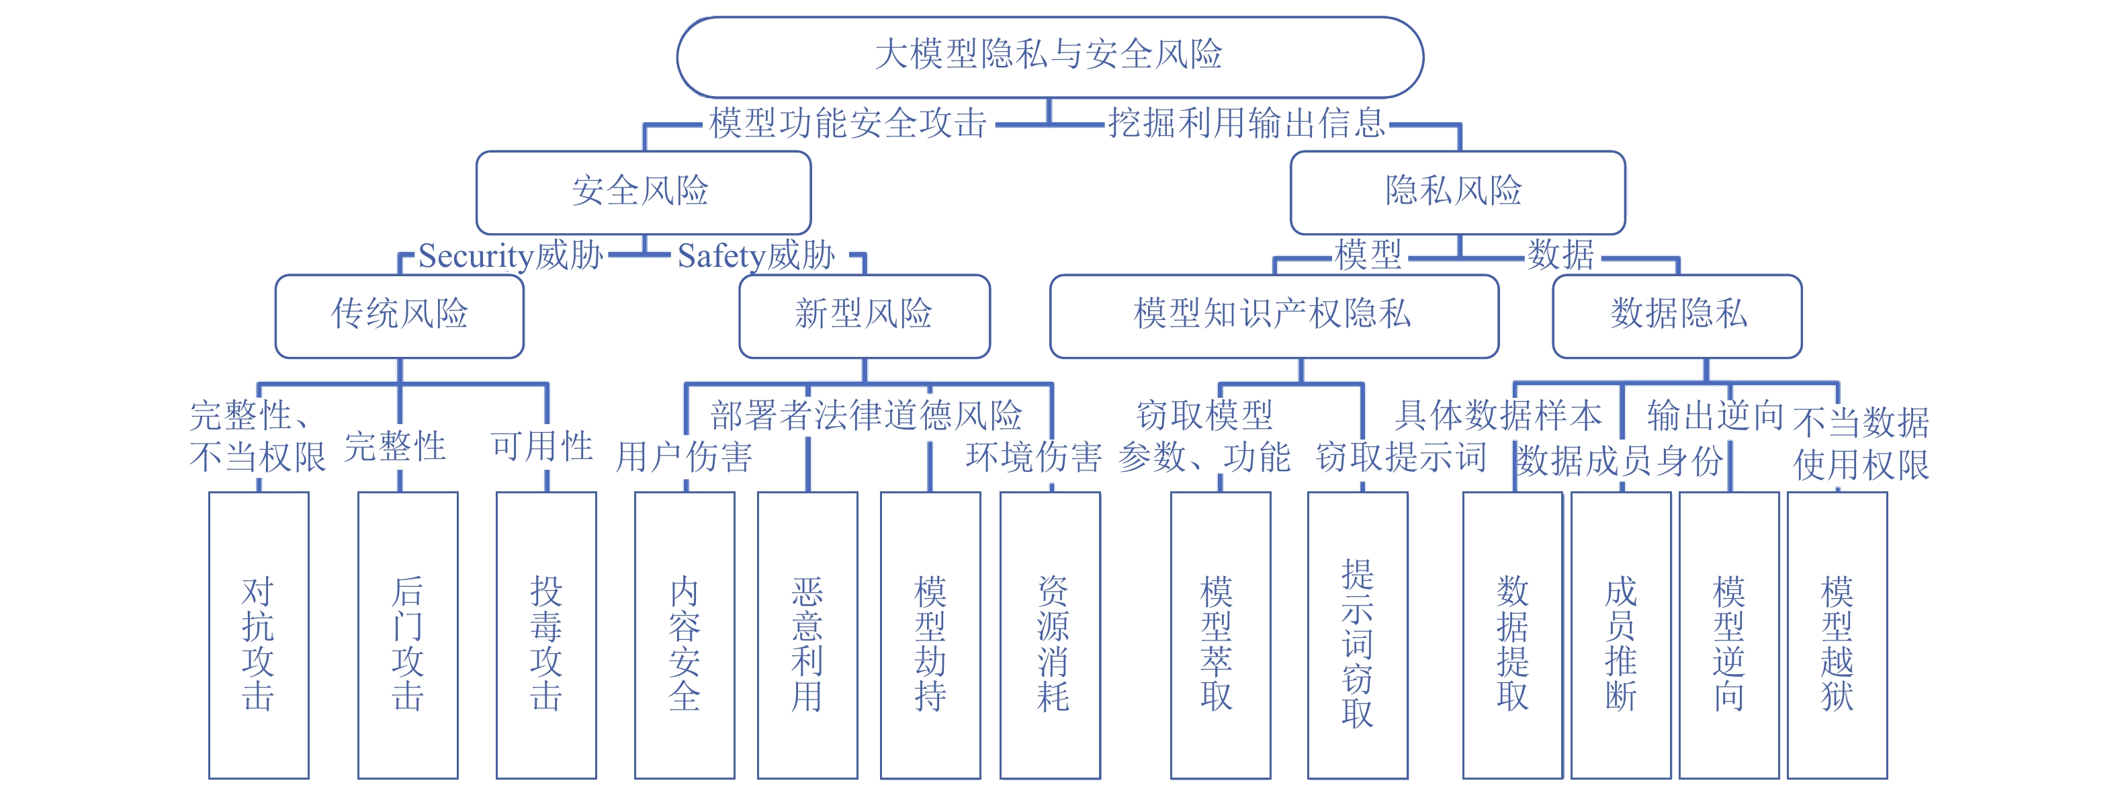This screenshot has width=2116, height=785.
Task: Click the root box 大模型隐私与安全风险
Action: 1049,56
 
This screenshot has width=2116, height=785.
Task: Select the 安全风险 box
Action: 643,192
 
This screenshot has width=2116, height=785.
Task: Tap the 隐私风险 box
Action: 1456,192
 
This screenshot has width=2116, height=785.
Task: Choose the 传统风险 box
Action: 399,315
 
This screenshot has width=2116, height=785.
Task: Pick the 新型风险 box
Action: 864,315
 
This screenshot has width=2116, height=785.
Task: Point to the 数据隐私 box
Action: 1677,315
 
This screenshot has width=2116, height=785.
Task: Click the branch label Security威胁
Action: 511,255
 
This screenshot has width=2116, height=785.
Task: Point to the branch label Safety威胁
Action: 756,255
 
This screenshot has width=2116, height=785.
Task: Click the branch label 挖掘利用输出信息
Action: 1246,123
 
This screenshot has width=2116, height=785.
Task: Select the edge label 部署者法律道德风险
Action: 866,415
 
